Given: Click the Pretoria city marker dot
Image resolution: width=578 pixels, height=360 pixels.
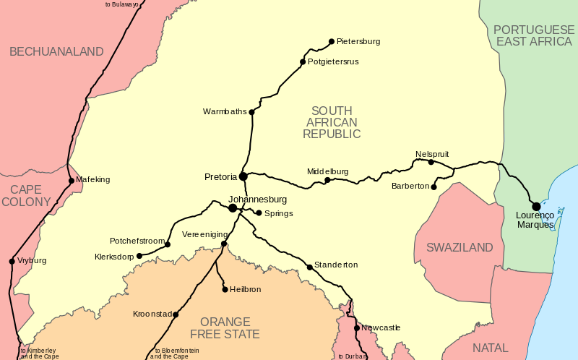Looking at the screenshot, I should click(x=243, y=176).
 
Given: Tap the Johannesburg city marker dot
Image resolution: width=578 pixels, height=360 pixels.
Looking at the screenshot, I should click(x=233, y=208).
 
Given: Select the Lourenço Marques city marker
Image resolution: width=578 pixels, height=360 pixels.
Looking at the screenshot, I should click(x=536, y=207).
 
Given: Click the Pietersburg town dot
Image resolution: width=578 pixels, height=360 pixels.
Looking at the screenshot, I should click(x=332, y=41).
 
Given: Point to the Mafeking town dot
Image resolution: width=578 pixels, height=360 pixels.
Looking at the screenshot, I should click(x=71, y=180).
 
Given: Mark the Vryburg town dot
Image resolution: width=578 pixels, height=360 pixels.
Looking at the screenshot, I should click(x=12, y=261).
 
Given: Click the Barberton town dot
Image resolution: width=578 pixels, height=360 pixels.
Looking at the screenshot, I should click(x=433, y=187).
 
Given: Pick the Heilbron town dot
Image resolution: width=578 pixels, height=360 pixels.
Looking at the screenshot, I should click(x=225, y=289).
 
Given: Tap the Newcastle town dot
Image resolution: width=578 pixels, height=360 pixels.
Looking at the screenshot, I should click(x=357, y=328).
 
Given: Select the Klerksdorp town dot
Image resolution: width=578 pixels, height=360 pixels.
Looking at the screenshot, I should click(x=139, y=256).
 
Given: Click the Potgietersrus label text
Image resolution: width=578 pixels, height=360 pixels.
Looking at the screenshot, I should click(x=333, y=62).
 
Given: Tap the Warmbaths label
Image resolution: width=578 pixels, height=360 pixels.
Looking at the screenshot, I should click(x=225, y=111).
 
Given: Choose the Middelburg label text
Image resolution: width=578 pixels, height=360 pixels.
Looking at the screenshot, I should click(x=327, y=171).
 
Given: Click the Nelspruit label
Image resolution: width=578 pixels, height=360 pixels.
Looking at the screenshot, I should click(x=432, y=154).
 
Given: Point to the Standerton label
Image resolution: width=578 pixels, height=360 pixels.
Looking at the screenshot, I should click(x=336, y=265).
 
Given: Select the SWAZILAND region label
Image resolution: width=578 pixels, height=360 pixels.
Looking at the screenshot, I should click(x=460, y=248).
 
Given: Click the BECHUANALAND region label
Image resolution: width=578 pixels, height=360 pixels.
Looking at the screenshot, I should click(x=56, y=52).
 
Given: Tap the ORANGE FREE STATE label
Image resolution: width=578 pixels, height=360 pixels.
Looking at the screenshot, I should click(x=225, y=327).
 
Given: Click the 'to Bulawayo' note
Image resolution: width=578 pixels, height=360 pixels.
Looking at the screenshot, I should click(x=121, y=4).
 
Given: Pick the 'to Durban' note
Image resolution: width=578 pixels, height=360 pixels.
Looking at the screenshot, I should click(x=350, y=356).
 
